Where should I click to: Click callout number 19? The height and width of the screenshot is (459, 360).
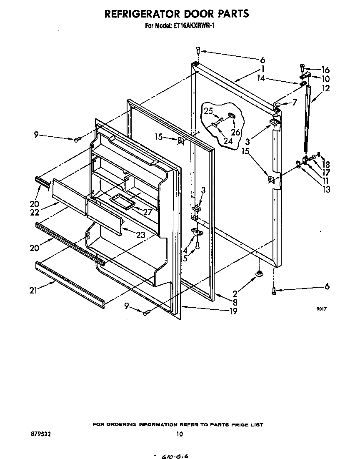233,311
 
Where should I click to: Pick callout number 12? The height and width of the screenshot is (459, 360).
326,88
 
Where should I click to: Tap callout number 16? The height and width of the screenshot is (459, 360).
325,70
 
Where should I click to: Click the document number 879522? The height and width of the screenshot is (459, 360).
40,434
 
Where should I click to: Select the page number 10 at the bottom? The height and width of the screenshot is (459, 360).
179,434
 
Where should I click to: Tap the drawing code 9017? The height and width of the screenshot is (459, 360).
320,309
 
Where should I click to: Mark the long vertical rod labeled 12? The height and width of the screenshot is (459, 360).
308,121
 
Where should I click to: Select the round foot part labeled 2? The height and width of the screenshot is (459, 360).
259,273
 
